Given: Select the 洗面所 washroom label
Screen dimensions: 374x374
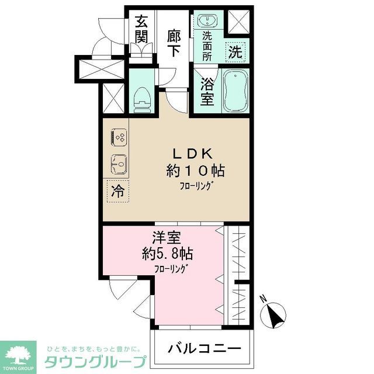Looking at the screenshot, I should [207, 47].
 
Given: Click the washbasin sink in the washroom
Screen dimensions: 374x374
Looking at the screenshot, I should [207, 22].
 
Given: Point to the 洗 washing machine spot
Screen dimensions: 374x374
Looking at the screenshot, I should [235, 51].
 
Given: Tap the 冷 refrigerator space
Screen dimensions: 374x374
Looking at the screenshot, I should [117, 191].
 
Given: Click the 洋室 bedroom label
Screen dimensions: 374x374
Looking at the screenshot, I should [167, 238].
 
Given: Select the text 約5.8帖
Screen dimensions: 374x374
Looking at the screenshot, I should [168, 254].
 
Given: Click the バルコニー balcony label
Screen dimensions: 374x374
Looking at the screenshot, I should [205, 348].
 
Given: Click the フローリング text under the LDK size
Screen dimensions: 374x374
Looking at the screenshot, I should [195, 188].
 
